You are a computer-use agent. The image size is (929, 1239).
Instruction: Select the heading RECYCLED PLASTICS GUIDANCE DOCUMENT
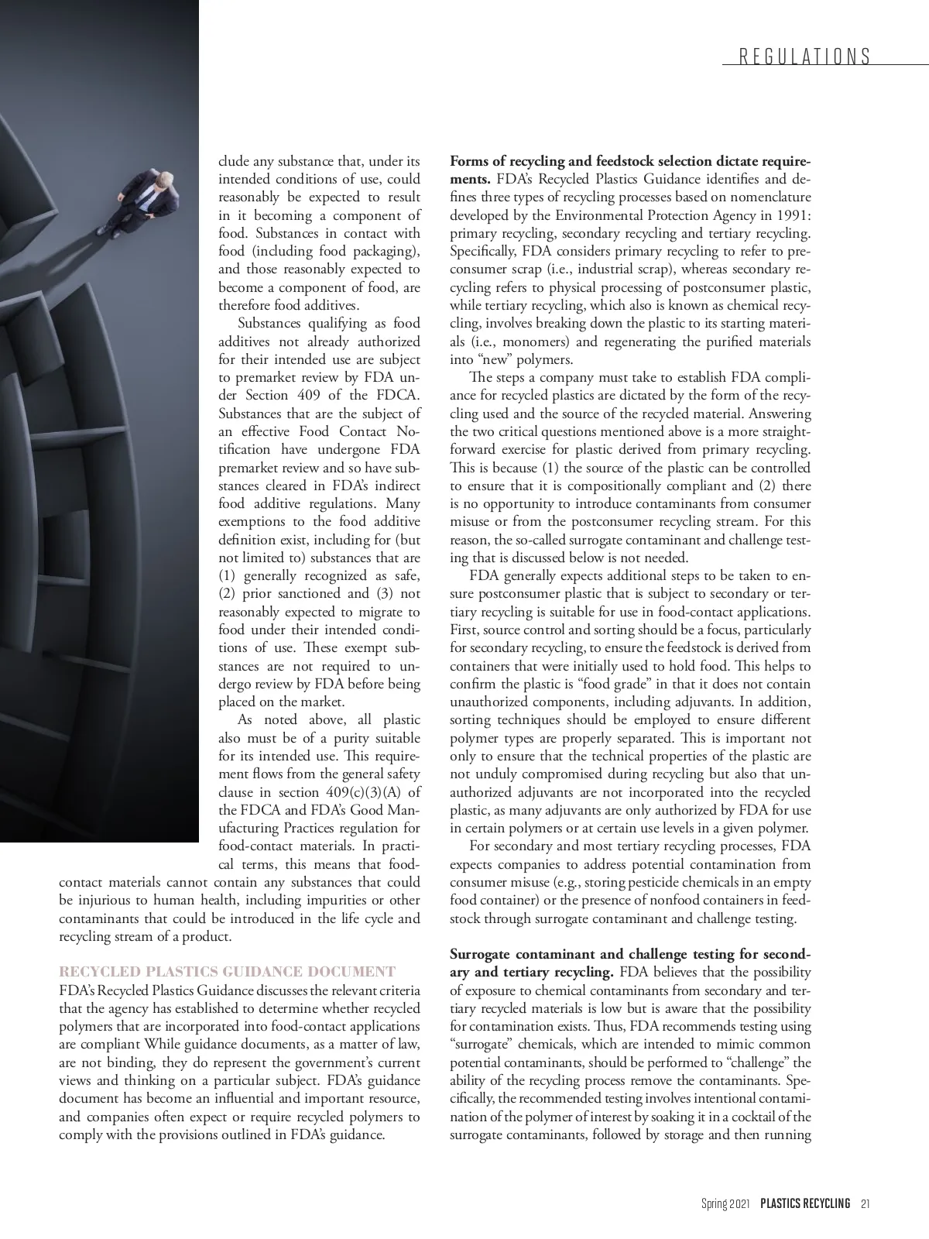click(x=228, y=972)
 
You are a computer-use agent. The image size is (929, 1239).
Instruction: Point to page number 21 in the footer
click(x=866, y=1203)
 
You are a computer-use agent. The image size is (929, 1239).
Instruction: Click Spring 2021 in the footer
click(x=725, y=1203)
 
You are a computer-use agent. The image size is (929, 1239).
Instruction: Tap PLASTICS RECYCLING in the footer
click(x=805, y=1203)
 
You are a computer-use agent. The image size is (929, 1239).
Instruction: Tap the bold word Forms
click(x=468, y=162)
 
